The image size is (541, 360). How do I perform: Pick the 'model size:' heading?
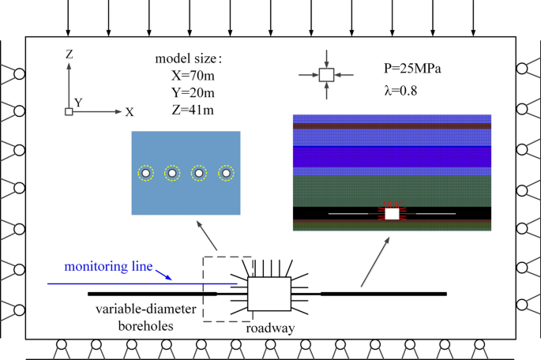click(189, 58)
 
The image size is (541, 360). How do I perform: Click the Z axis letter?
click(70, 54)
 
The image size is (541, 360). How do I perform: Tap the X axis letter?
click(130, 112)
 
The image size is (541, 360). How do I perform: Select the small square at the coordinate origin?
click(70, 112)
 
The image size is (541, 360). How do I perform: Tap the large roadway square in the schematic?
click(269, 293)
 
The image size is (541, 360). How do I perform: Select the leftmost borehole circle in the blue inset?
click(145, 173)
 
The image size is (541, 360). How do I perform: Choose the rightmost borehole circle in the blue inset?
click(226, 173)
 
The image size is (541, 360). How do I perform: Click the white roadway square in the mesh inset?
click(392, 213)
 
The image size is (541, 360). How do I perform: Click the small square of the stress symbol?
click(326, 75)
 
